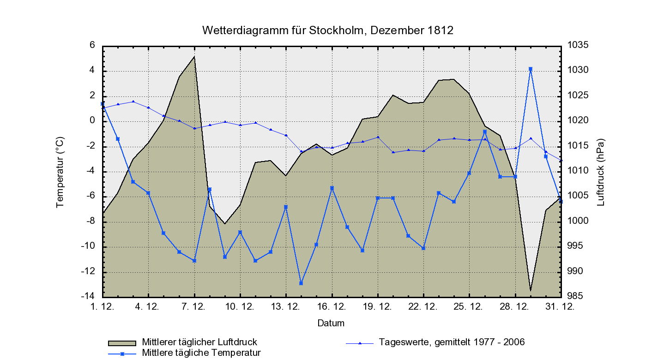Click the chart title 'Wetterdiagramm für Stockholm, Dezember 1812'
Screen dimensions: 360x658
coord(328,30)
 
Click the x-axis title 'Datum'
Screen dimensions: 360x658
coord(331,323)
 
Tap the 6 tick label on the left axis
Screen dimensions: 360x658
coord(92,45)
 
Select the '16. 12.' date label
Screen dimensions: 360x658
coord(332,306)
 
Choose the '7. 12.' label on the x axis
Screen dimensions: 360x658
coord(194,306)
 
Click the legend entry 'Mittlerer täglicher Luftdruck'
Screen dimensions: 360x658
coord(199,342)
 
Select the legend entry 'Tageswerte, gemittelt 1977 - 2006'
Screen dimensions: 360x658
coord(452,342)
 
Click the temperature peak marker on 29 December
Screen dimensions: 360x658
coord(531,69)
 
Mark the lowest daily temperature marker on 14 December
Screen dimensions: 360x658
coord(301,283)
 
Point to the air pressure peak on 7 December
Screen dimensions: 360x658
coord(194,57)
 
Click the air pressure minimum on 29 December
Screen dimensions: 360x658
coord(531,291)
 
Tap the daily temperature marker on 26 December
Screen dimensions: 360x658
coord(485,132)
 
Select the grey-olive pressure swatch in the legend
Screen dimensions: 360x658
coord(122,343)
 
